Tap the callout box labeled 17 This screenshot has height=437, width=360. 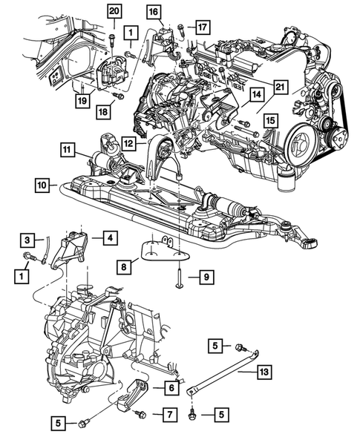pos(203,27)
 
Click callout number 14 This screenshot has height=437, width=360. pos(255,95)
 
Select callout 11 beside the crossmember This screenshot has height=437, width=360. pos(68,150)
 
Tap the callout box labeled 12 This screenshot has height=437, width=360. pos(128,142)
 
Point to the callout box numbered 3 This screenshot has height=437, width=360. pos(26,240)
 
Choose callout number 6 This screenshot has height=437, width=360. pos(170,387)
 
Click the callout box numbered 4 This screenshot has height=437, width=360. pos(108,238)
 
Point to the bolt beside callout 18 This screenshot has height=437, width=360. pos(117,94)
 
